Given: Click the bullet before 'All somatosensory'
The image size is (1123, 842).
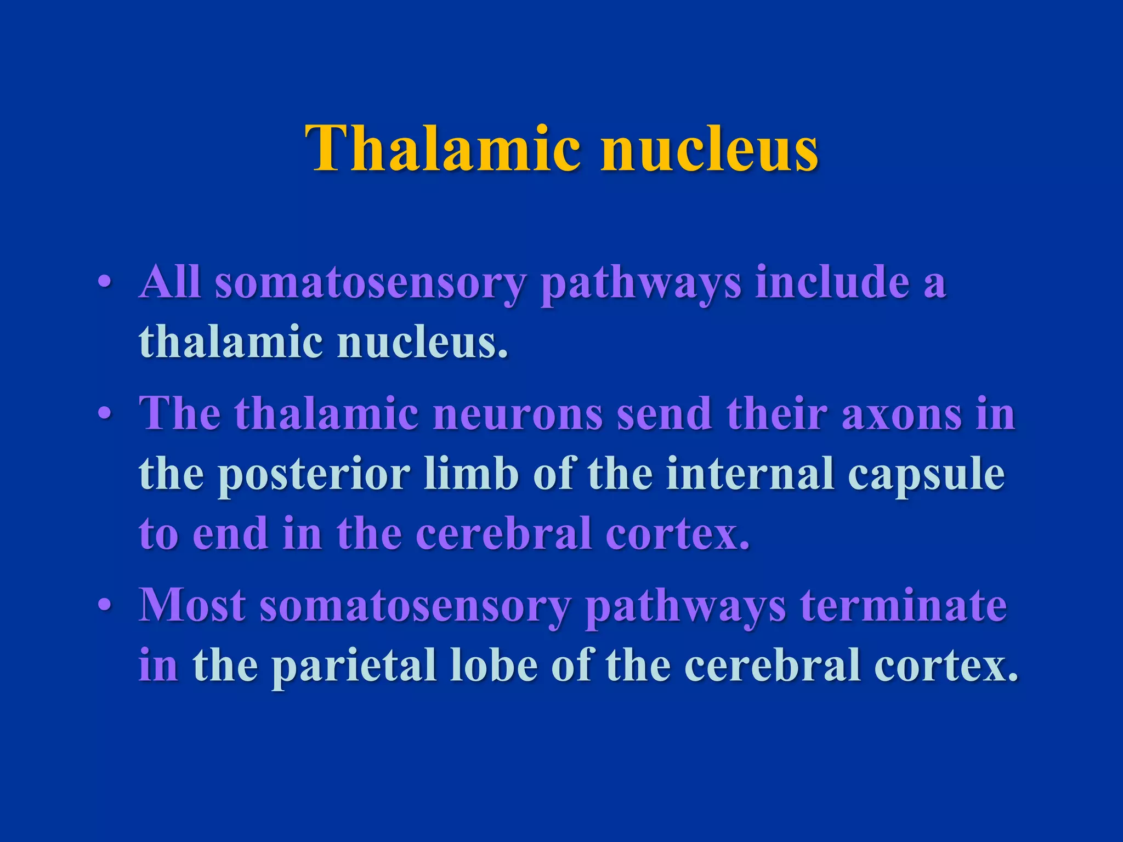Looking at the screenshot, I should coord(105,283).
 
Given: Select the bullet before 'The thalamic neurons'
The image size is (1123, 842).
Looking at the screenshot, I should coord(105,414).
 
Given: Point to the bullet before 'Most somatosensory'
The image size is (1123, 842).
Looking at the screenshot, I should coord(105,605).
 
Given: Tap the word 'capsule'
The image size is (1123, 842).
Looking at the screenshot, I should coord(926,475).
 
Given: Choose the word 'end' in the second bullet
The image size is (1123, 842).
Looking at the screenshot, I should coord(230,533).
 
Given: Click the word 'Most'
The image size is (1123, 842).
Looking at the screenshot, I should coord(192,605).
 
